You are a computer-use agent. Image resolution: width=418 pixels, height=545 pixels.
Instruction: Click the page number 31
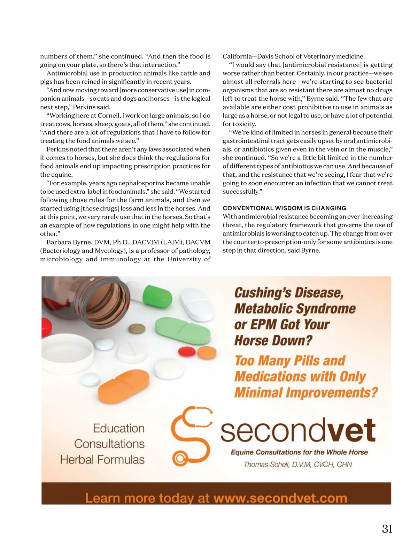tap(387, 529)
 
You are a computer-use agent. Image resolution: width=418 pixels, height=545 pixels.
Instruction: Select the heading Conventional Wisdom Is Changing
tap(284, 208)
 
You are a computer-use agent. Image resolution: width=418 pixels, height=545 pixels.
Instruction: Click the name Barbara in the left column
tap(59, 242)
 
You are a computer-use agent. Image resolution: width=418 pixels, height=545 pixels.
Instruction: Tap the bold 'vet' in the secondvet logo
tap(352, 430)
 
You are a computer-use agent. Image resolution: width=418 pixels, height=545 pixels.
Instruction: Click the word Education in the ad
tap(119, 428)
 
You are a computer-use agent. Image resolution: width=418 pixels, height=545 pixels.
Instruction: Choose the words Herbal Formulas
tap(102, 459)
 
